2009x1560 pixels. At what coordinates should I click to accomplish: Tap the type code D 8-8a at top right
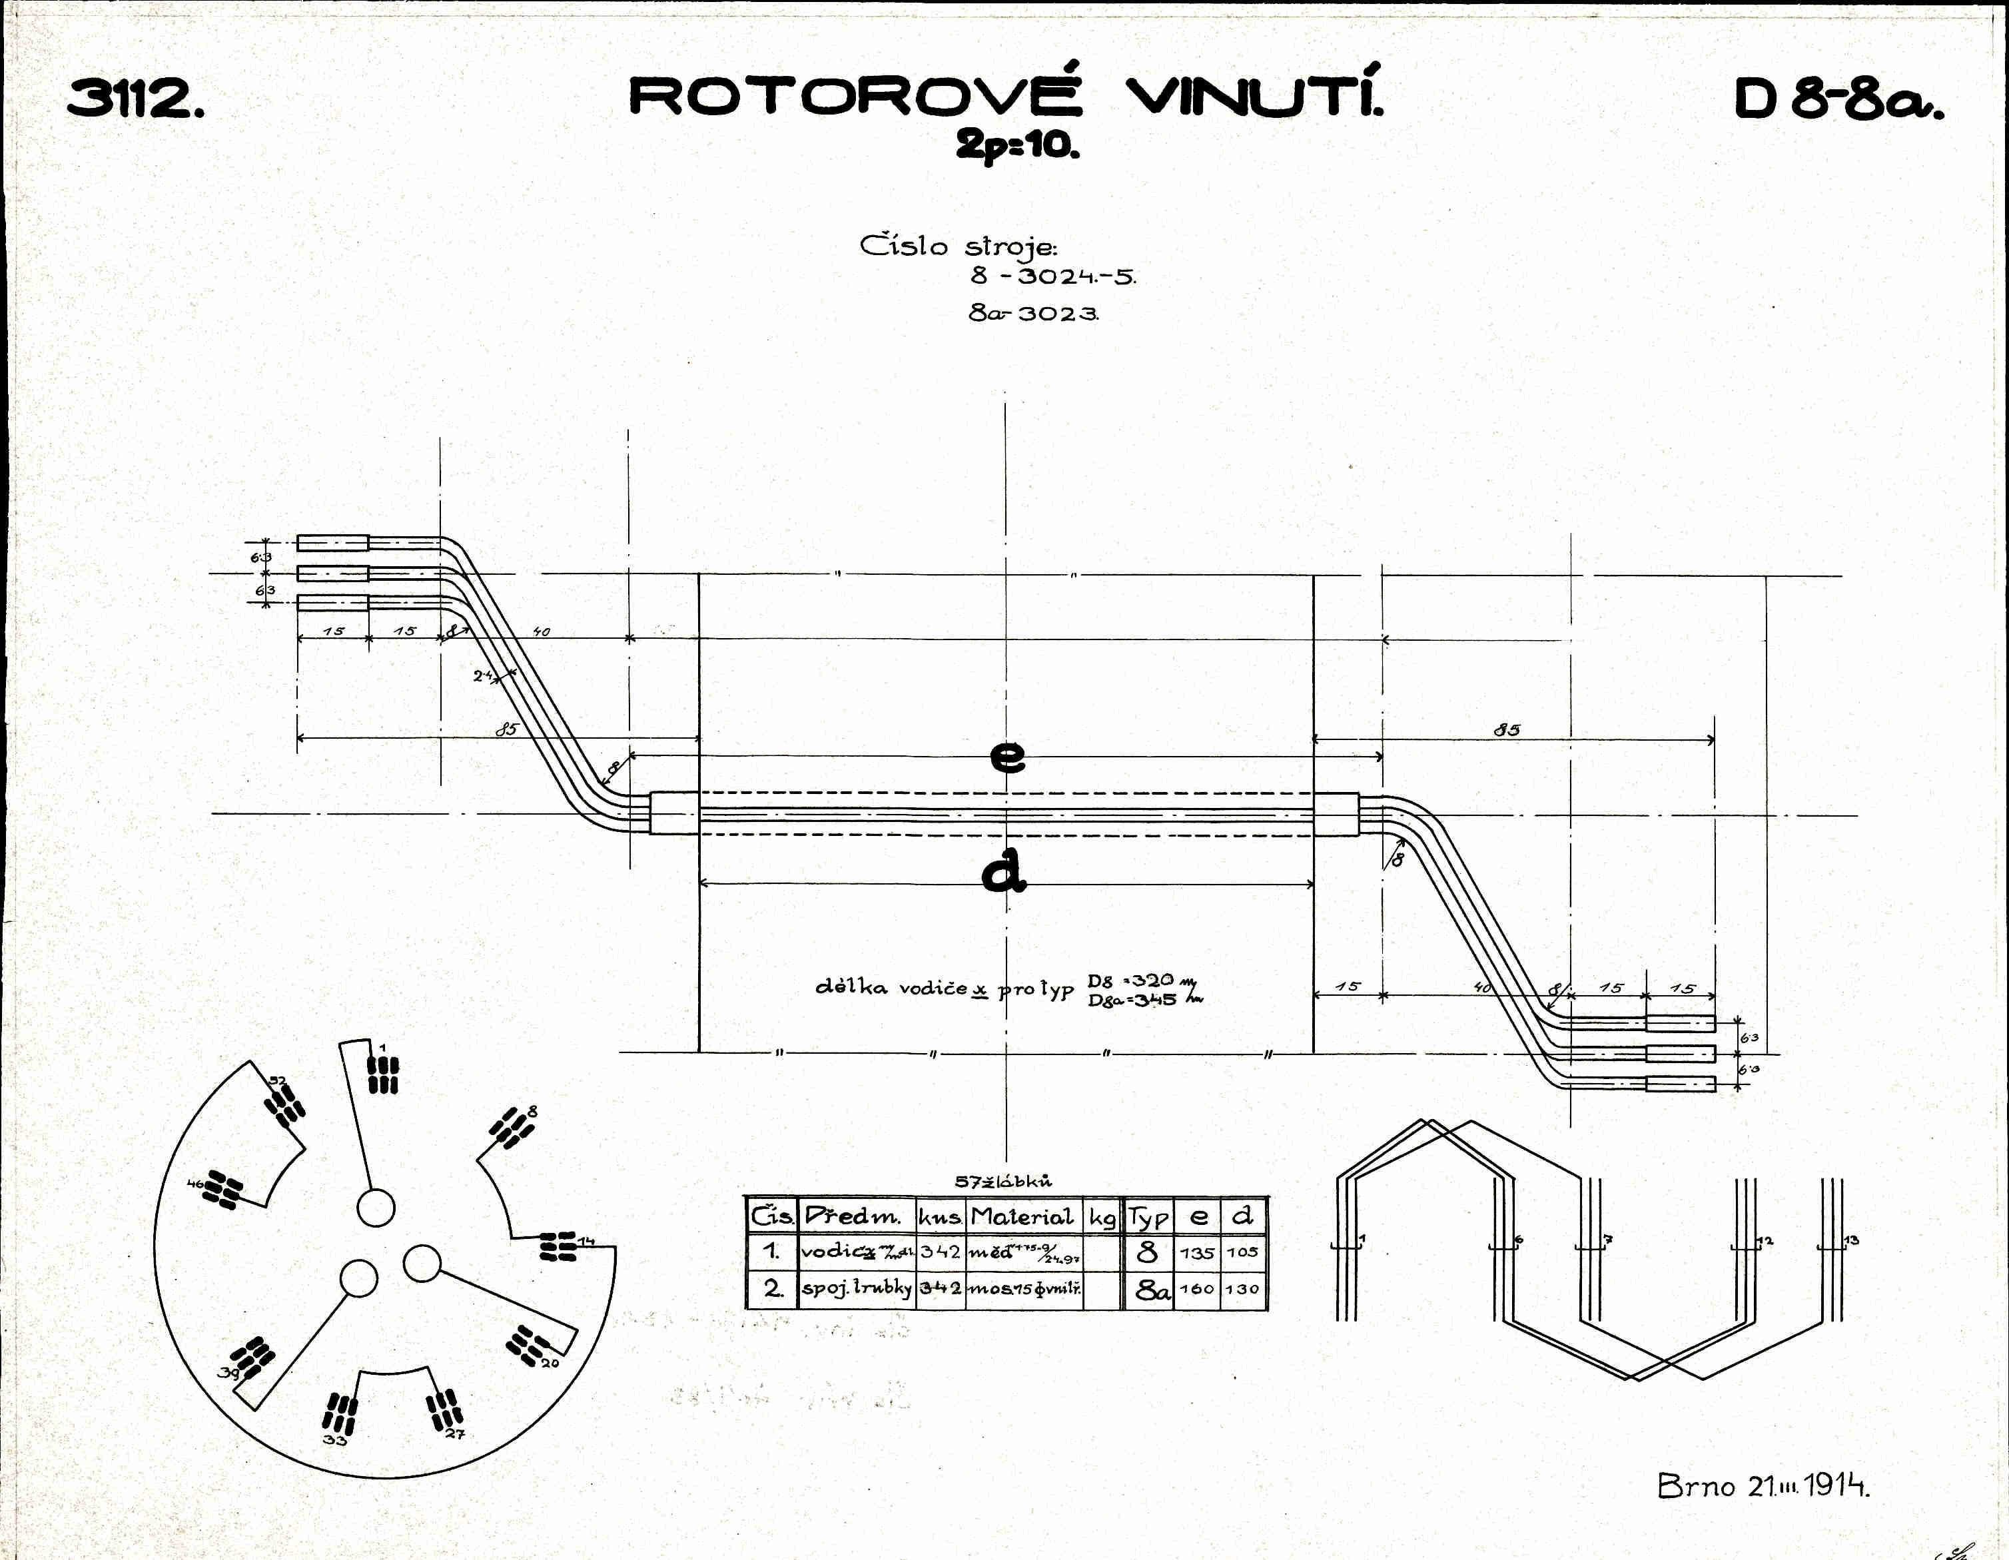tap(1838, 99)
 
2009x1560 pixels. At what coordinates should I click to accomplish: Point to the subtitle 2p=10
tap(1017, 145)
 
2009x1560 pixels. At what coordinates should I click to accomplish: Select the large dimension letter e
tap(1008, 756)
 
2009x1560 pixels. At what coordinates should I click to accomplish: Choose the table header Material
tap(1022, 1217)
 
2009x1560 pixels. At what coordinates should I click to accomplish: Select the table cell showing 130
tap(1242, 1290)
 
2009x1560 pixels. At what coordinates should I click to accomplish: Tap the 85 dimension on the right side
tap(1507, 729)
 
